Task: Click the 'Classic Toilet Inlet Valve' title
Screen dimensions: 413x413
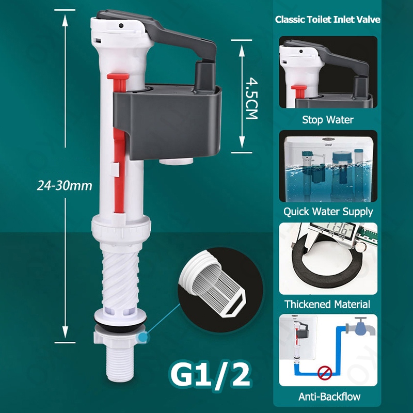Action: (327, 20)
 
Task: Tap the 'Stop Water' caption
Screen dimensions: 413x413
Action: (328, 120)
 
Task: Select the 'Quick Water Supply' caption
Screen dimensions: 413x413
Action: (328, 212)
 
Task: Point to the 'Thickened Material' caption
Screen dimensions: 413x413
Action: (327, 304)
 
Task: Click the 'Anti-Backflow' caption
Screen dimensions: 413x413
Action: (329, 396)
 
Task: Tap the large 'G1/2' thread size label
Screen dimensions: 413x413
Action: (210, 374)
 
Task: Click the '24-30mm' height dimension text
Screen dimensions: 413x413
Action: (65, 185)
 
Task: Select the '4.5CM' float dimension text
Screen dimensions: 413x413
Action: (251, 98)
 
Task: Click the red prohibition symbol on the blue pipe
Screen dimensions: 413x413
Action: (325, 373)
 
